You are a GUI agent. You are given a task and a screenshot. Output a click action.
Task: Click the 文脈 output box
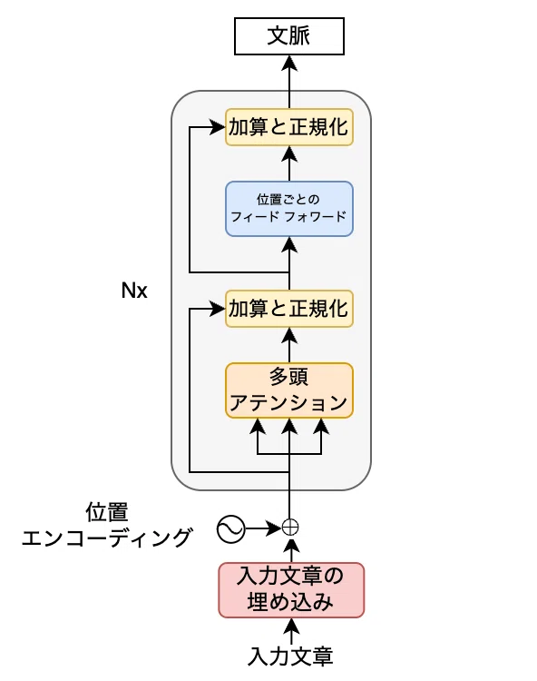(288, 36)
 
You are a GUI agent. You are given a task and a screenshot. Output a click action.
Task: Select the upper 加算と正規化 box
(288, 127)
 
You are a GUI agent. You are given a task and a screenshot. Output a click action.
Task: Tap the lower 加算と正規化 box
(288, 309)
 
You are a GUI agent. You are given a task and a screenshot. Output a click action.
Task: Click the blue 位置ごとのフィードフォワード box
(288, 209)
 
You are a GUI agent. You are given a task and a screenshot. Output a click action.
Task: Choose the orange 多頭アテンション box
(288, 390)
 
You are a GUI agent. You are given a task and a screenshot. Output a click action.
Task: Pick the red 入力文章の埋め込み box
(291, 590)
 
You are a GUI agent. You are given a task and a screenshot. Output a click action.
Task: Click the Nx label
(134, 291)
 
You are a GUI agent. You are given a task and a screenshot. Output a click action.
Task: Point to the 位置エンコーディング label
(107, 525)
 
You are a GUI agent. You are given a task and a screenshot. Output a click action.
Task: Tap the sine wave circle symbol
(230, 529)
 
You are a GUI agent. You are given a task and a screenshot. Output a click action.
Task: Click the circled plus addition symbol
(290, 528)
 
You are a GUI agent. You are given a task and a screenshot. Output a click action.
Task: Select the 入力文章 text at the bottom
(290, 656)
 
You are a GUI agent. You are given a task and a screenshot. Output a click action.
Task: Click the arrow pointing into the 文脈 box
(289, 82)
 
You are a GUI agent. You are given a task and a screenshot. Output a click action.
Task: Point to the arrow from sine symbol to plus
(263, 528)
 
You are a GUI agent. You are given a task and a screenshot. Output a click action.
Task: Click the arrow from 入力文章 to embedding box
(291, 631)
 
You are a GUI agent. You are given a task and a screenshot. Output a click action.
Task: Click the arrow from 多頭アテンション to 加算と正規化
(289, 345)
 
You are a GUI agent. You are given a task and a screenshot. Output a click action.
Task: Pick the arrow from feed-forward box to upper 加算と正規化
(289, 163)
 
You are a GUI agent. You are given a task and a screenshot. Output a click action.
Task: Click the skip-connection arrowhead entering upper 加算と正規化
(218, 127)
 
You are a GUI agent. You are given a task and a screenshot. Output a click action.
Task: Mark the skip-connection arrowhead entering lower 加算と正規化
(218, 309)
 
